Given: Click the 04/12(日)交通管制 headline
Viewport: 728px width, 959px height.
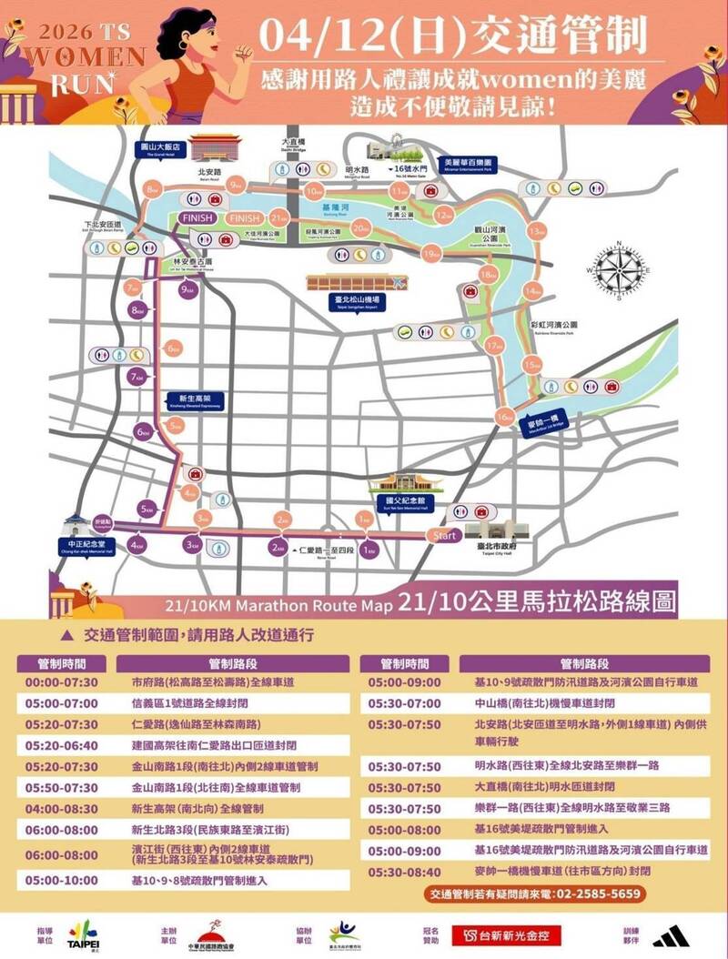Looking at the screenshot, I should pos(453,35).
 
